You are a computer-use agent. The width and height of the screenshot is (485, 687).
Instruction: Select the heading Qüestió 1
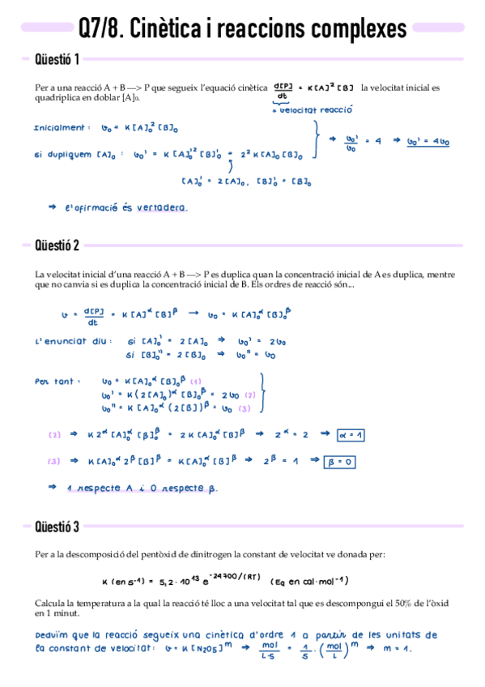57,59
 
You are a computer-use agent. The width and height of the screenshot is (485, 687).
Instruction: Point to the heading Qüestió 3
57,527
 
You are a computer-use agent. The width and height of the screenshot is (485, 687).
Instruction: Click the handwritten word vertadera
160,207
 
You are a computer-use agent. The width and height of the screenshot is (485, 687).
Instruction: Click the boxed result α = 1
351,435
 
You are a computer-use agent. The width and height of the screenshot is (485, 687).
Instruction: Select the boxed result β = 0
341,462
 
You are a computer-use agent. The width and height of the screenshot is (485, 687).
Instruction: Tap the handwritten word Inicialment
61,128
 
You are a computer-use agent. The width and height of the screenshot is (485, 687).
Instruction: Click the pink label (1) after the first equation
195,381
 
